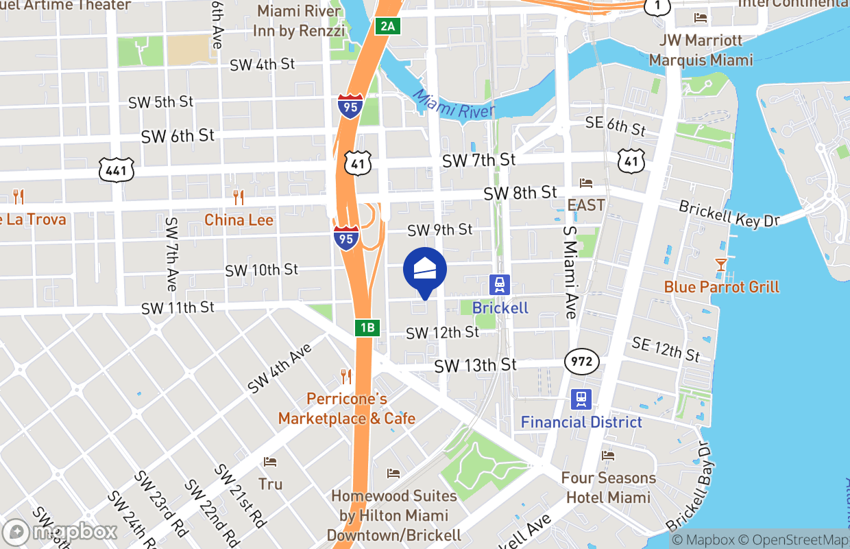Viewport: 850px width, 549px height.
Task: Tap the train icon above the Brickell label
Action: pos(500,283)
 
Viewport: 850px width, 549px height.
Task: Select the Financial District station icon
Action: pos(581,399)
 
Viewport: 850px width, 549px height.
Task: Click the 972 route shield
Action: pos(582,361)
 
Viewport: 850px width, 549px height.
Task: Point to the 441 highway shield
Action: pos(116,170)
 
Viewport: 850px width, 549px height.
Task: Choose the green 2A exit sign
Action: pos(387,26)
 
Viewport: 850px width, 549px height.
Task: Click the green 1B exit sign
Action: pos(367,327)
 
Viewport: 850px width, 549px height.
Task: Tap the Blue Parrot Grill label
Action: pos(721,286)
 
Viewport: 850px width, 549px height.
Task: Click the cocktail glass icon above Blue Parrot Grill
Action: pos(720,264)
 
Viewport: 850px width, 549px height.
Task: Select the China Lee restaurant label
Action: pos(239,220)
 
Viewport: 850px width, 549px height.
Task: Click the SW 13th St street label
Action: pos(475,366)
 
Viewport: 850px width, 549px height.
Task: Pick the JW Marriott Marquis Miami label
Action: pos(701,50)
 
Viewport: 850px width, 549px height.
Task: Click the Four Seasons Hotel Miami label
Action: pos(608,487)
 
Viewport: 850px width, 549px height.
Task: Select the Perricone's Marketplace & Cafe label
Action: pos(346,408)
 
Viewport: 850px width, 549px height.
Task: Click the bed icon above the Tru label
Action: pos(270,462)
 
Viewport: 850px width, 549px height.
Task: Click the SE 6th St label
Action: pos(616,125)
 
